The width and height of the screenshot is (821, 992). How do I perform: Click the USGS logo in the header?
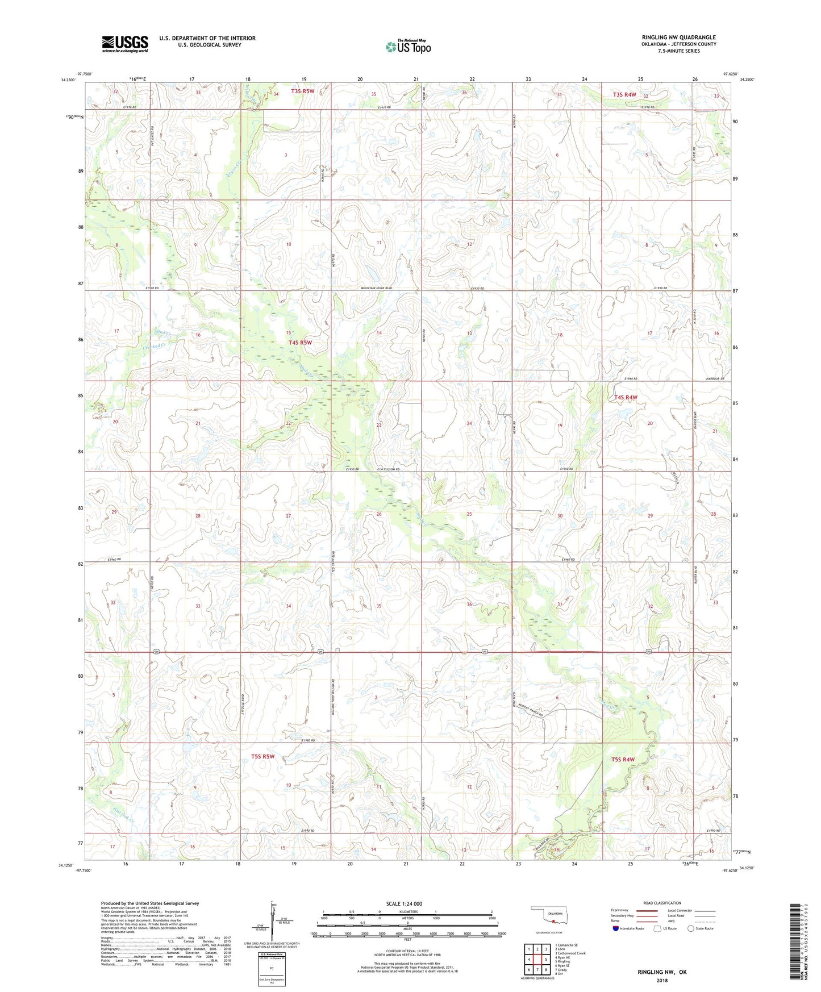pyautogui.click(x=125, y=44)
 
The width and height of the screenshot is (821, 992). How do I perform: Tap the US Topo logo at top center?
pyautogui.click(x=408, y=47)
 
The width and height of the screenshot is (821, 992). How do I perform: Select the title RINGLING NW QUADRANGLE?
pyautogui.click(x=678, y=37)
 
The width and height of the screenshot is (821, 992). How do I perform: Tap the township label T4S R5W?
pyautogui.click(x=300, y=343)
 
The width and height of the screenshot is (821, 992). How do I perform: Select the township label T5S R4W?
pyautogui.click(x=623, y=760)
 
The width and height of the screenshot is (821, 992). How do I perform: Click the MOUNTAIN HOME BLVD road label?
pyautogui.click(x=376, y=288)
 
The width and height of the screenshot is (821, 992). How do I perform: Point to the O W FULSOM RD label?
pyautogui.click(x=388, y=469)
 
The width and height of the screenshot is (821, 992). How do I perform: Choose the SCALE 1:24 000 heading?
pyautogui.click(x=403, y=903)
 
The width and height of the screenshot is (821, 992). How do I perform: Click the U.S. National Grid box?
pyautogui.click(x=272, y=966)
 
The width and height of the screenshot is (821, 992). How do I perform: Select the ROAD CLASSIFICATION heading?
pyautogui.click(x=662, y=903)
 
